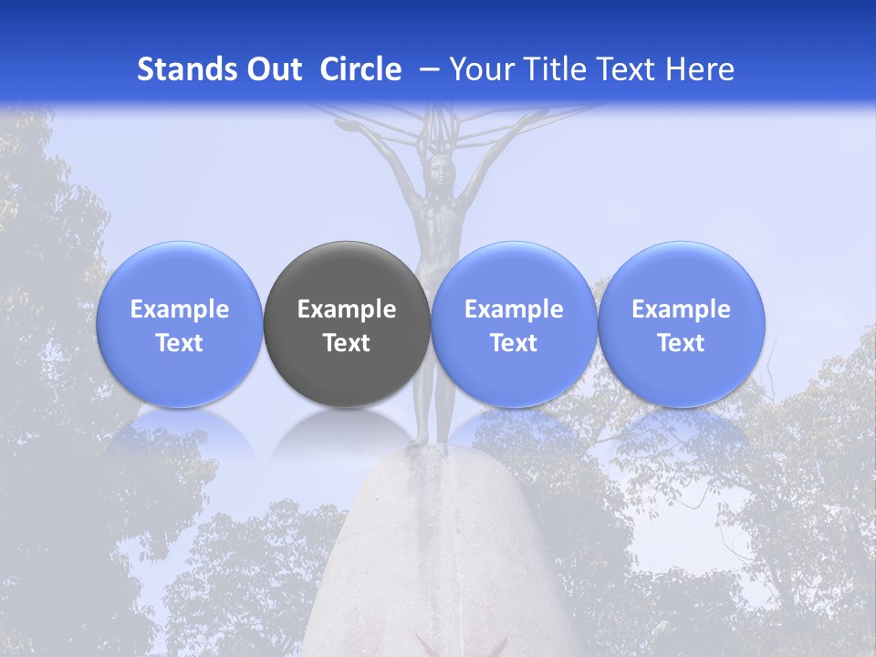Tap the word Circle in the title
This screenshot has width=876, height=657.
point(360,70)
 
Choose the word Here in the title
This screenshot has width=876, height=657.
point(700,70)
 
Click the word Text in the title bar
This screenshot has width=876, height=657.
point(629,70)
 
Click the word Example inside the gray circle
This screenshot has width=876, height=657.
point(347,309)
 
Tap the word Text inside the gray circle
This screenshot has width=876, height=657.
point(347,343)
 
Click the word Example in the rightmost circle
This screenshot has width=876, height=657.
point(682,309)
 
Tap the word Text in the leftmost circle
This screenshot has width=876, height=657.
point(179,343)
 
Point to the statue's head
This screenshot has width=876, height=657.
point(442,169)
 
